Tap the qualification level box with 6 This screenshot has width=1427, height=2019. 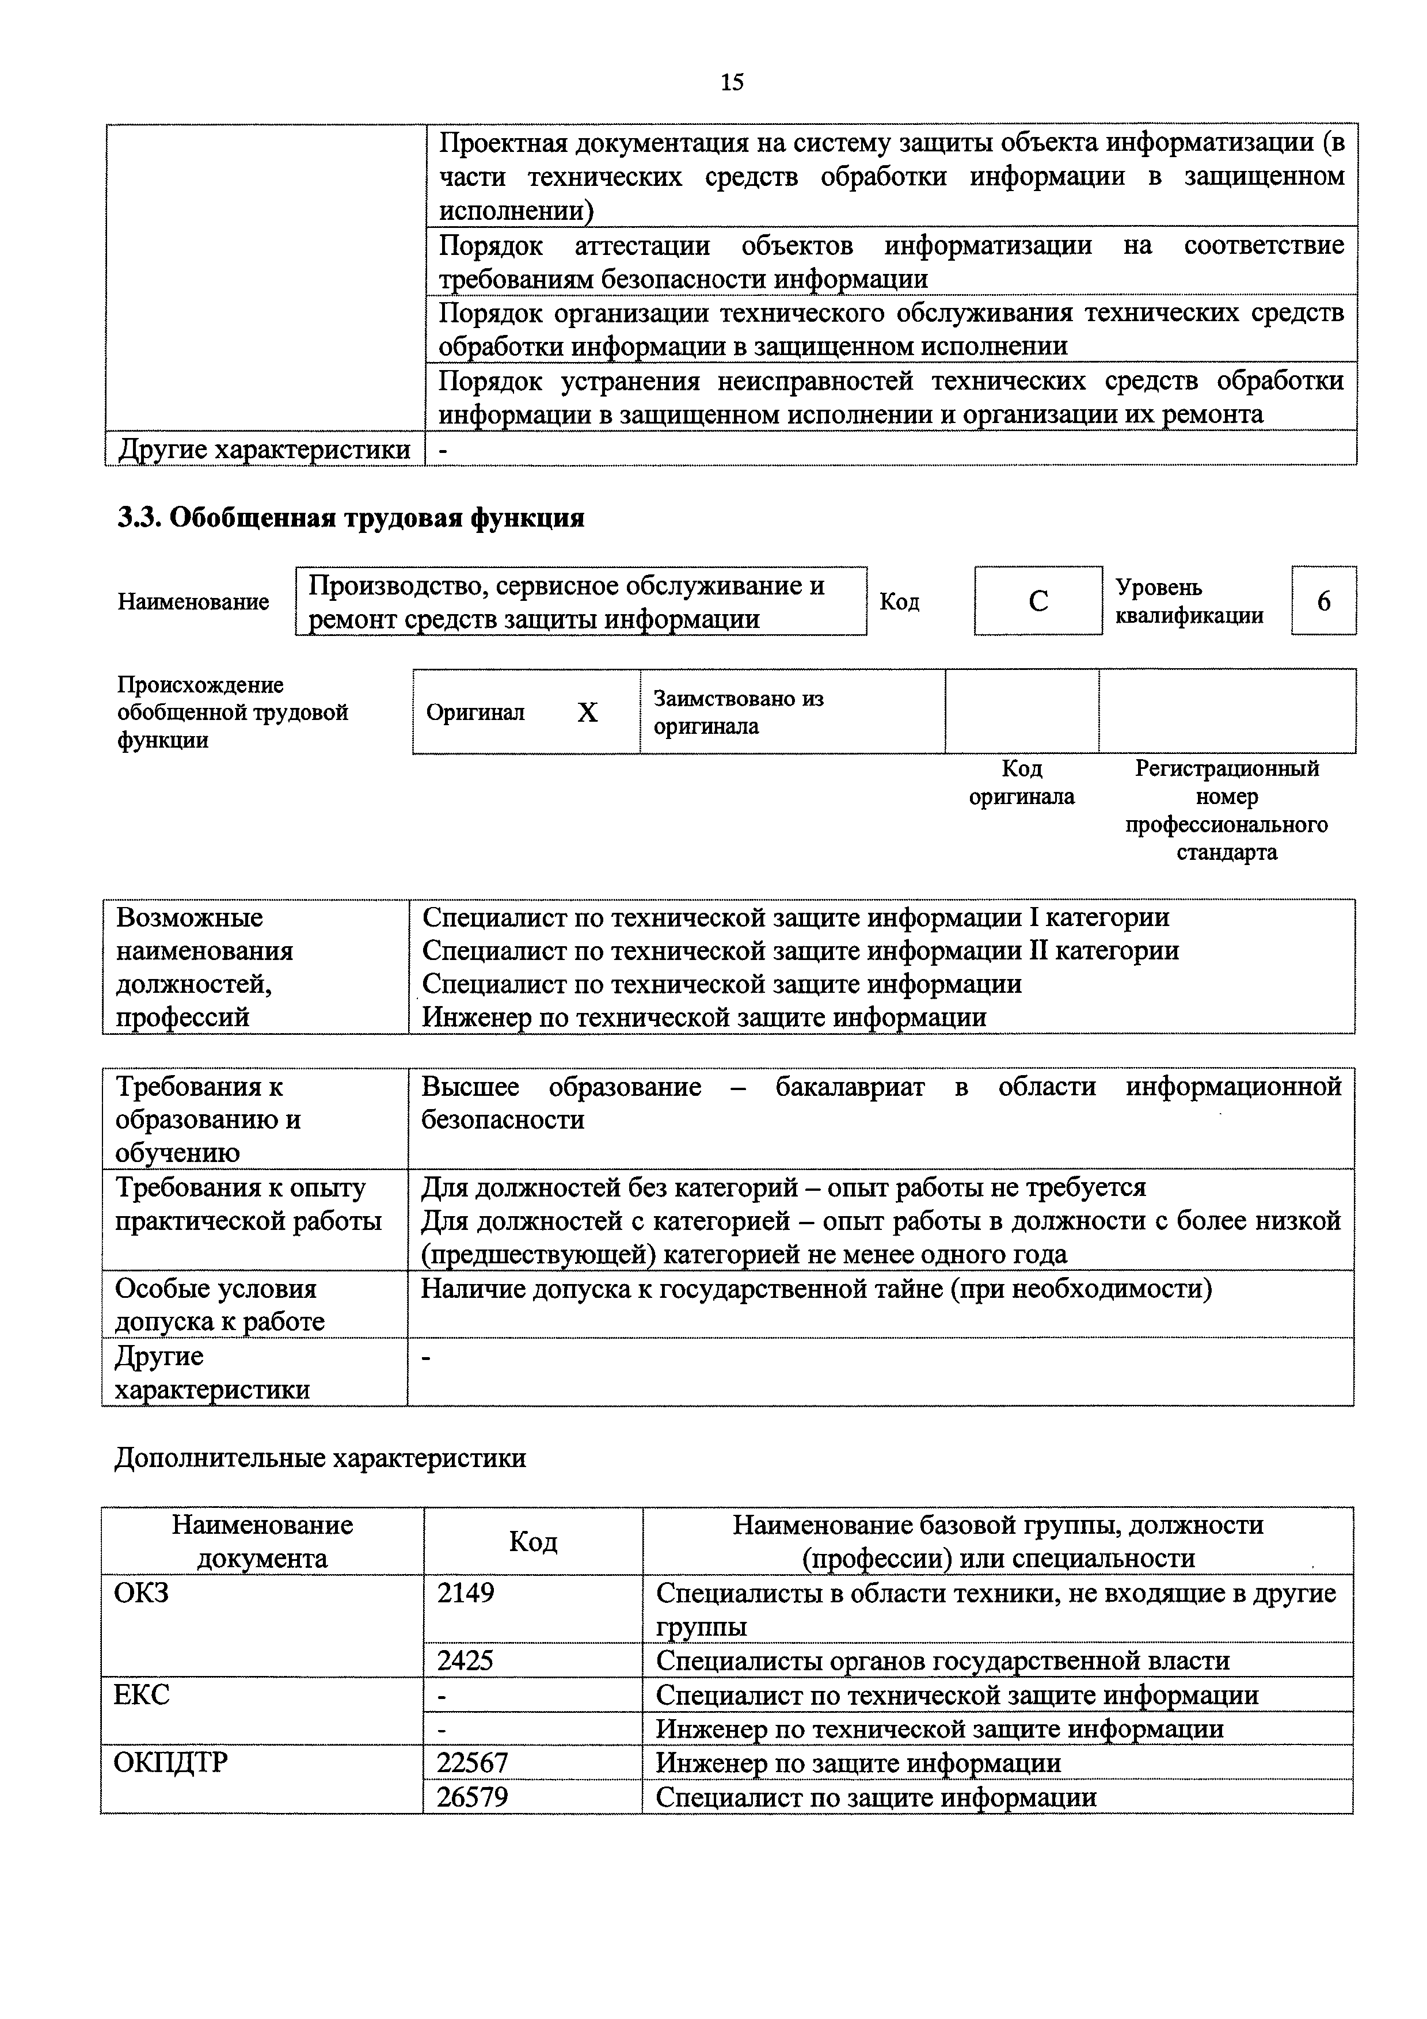(1323, 601)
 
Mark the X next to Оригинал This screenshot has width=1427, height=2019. (587, 713)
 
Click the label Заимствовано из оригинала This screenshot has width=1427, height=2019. (739, 713)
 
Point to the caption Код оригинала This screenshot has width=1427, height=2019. (1022, 783)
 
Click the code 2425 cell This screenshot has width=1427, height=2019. (466, 1660)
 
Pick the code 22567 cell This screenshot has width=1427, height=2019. (473, 1762)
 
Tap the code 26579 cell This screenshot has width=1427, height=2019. (473, 1796)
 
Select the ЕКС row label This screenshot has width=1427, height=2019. (142, 1694)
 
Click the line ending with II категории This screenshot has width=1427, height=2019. (800, 951)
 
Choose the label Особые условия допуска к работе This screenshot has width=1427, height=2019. (220, 1305)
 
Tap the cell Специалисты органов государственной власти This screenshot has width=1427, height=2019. (942, 1660)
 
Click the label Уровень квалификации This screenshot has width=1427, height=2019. (1189, 601)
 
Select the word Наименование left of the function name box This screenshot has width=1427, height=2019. (193, 603)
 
